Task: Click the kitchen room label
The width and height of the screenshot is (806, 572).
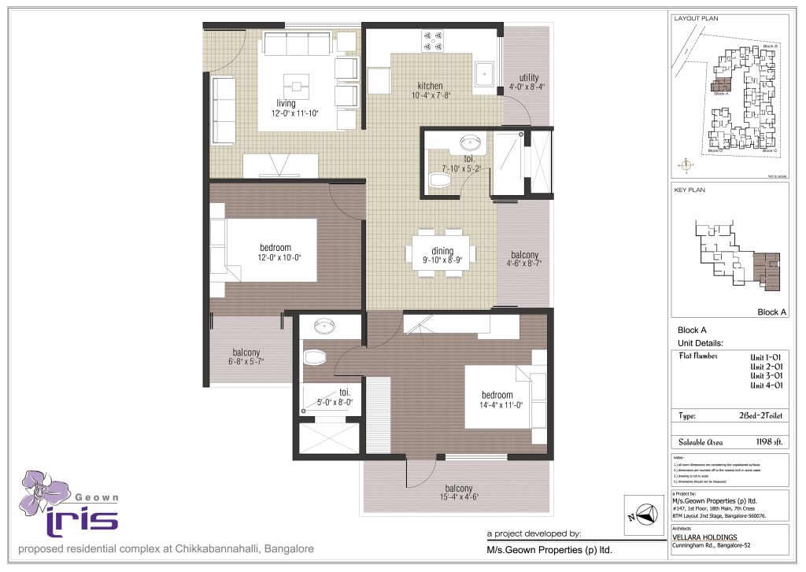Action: pyautogui.click(x=430, y=86)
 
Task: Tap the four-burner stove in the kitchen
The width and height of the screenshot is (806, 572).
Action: pyautogui.click(x=433, y=40)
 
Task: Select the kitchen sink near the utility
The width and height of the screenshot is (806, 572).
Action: pyautogui.click(x=485, y=72)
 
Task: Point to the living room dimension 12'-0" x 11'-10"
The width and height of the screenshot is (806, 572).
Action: pyautogui.click(x=286, y=113)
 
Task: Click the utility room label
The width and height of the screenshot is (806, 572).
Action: pyautogui.click(x=528, y=78)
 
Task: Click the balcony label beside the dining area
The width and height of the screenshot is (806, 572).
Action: pyautogui.click(x=524, y=255)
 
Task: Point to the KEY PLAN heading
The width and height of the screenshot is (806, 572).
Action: pyautogui.click(x=690, y=190)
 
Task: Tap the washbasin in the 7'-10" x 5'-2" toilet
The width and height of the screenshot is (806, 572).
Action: pyautogui.click(x=470, y=143)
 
